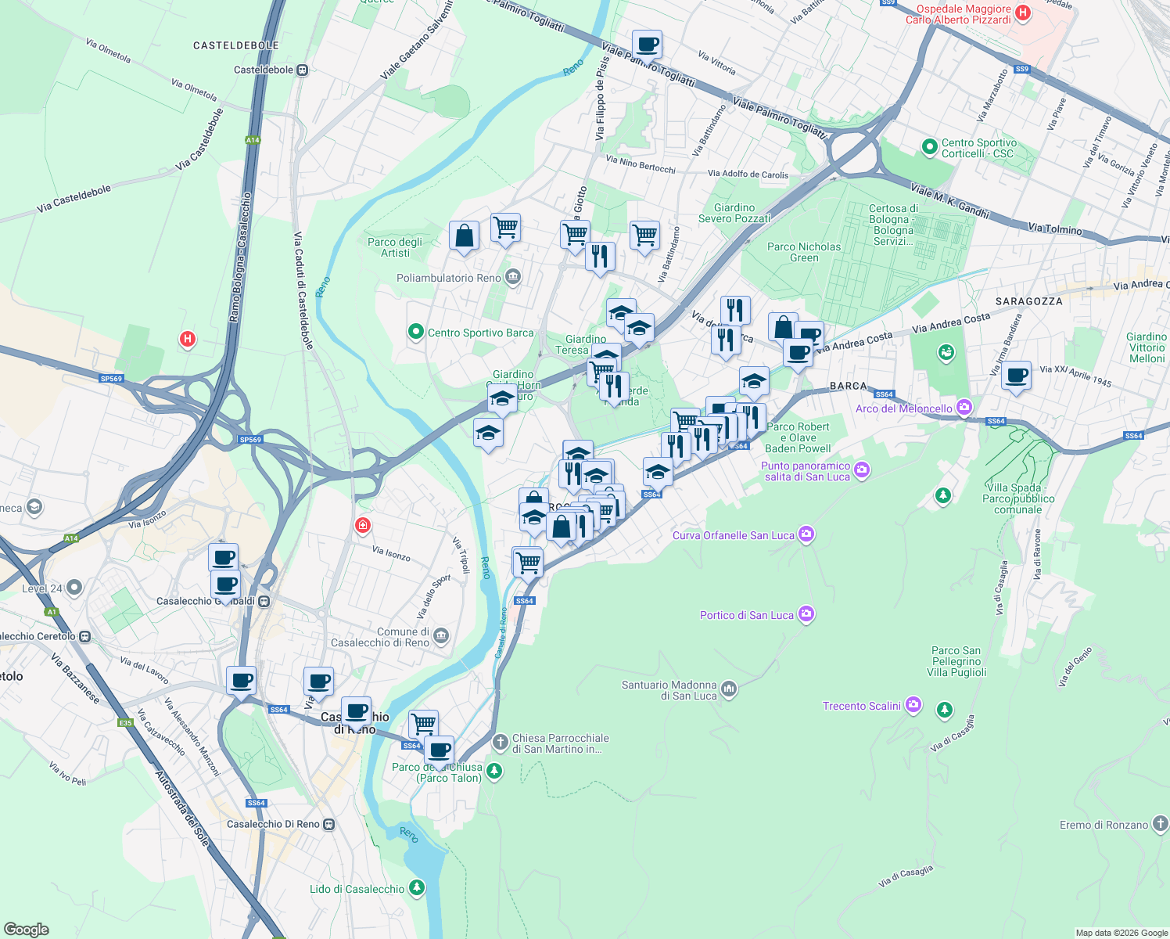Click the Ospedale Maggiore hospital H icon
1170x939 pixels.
[x=1022, y=13]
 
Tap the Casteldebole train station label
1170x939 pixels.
[x=264, y=70]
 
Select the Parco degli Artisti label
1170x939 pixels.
[x=395, y=247]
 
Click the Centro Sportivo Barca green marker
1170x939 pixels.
[x=416, y=333]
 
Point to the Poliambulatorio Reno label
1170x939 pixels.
[x=449, y=278]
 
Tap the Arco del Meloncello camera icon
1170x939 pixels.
[x=964, y=408]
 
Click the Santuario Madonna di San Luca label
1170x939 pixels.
[x=669, y=690]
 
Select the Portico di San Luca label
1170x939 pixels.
[x=747, y=615]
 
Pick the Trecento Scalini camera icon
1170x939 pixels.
[x=913, y=705]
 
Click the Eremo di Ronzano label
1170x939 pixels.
[x=1104, y=825]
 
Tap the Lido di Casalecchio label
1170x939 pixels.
[x=357, y=889]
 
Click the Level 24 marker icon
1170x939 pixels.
[x=74, y=587]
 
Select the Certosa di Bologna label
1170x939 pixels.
[x=893, y=225]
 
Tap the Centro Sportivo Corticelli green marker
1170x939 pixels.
[x=929, y=146]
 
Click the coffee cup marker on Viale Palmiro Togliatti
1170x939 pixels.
[x=647, y=44]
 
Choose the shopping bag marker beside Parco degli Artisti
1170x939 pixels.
[x=464, y=236]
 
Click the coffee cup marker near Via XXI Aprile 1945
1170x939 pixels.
[x=1017, y=376]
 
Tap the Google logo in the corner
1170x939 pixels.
[x=27, y=929]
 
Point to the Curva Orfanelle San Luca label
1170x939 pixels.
[x=733, y=535]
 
